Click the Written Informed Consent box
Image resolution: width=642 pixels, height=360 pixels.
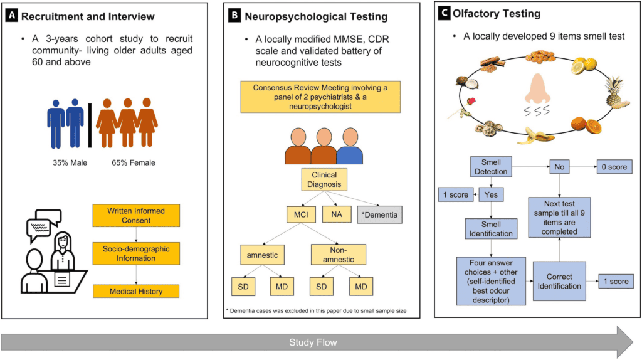136,215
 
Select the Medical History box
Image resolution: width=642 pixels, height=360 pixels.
136,291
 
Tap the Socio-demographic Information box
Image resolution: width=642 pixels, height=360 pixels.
136,253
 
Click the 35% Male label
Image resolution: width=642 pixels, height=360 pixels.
70,162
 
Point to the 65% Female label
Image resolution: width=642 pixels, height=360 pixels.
134,162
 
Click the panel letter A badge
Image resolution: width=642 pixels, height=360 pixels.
11,16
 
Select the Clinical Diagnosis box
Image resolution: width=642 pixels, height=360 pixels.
324,179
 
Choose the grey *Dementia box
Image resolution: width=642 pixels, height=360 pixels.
379,214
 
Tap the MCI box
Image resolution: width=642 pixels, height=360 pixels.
301,214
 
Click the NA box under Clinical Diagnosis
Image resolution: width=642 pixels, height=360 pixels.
337,214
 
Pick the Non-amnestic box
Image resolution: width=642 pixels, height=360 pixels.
338,255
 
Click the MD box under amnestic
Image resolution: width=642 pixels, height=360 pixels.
282,287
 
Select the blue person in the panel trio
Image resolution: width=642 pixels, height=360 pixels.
350,146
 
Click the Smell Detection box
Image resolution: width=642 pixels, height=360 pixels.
491,167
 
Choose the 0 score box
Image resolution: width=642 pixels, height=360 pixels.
614,167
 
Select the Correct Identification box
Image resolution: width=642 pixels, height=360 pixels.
559,282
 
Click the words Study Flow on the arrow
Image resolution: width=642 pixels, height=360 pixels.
313,342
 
